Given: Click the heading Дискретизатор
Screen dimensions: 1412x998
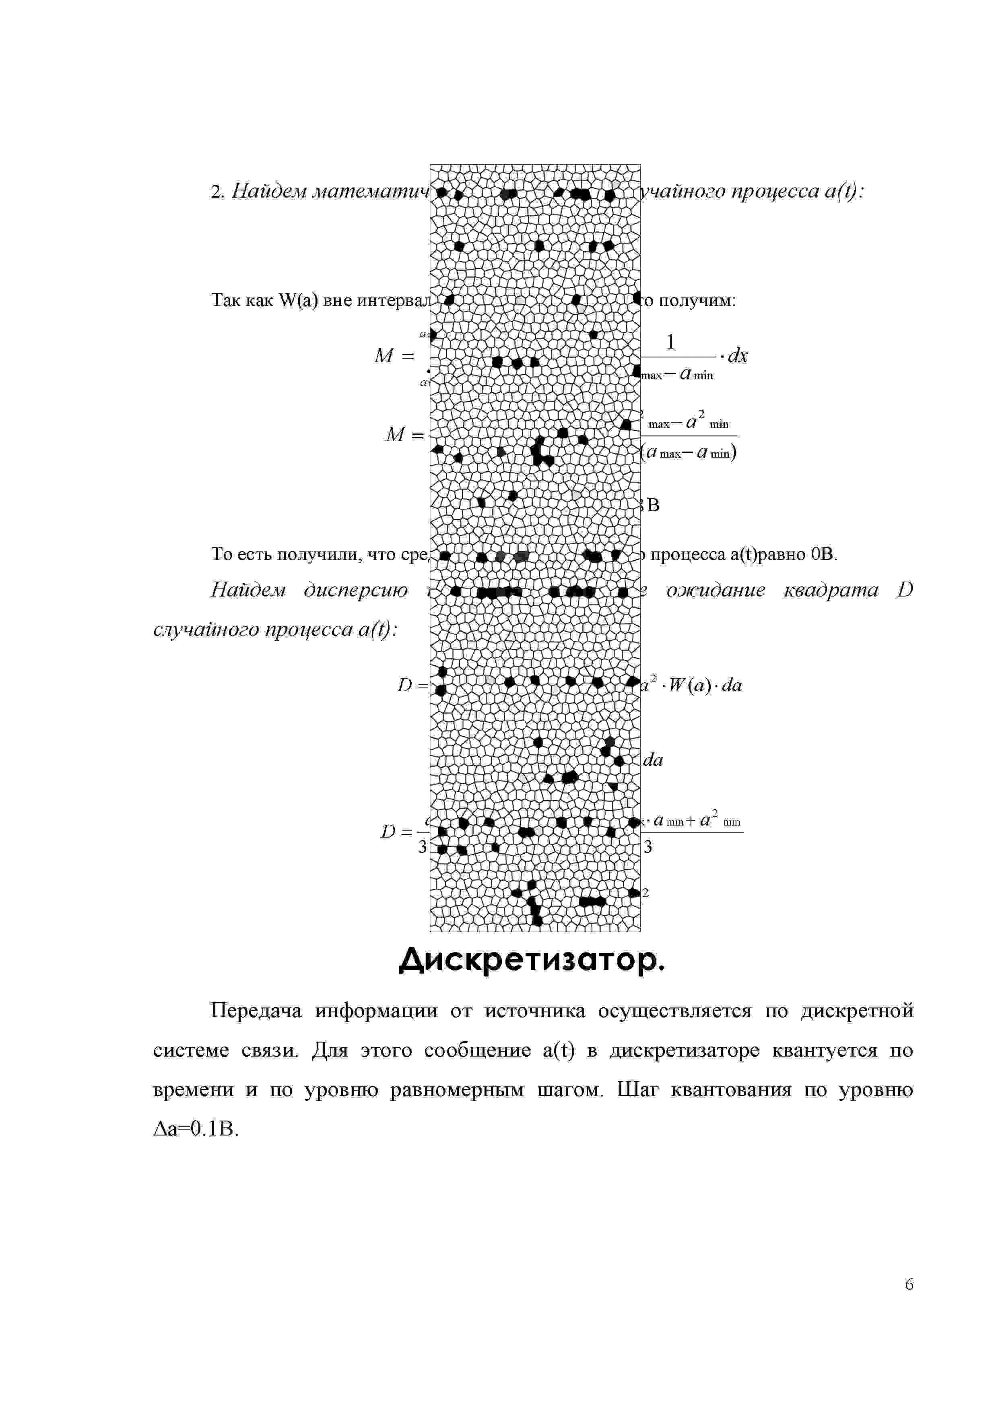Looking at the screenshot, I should [x=532, y=959].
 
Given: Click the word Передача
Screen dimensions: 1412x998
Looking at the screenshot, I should [x=256, y=1011].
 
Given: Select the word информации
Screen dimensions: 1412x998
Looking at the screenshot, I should [x=376, y=1011].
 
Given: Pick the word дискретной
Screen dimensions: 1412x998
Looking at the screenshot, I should [x=857, y=1011].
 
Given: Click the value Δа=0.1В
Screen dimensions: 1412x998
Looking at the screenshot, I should [x=195, y=1129].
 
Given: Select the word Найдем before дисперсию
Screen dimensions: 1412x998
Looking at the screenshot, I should [x=248, y=590].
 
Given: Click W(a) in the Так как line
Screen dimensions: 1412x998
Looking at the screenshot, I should [x=298, y=301].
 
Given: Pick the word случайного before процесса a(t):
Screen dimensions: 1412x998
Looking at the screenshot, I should [x=202, y=630].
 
